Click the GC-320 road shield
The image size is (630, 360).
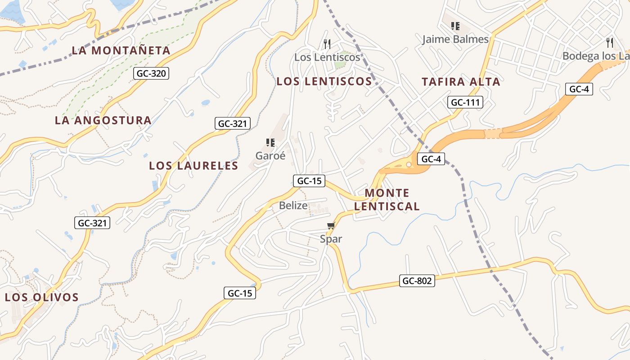pyautogui.click(x=151, y=73)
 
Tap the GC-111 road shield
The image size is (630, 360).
pyautogui.click(x=465, y=102)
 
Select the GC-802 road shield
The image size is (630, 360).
pyautogui.click(x=417, y=281)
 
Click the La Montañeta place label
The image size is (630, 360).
pyautogui.click(x=121, y=50)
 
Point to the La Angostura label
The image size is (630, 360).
pyautogui.click(x=103, y=120)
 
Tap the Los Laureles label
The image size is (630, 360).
pyautogui.click(x=193, y=166)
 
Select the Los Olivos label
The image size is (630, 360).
pyautogui.click(x=42, y=297)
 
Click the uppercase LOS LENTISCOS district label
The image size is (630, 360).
pyautogui.click(x=324, y=81)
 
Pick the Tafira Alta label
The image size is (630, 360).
pyautogui.click(x=461, y=81)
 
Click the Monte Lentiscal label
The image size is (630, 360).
pyautogui.click(x=387, y=200)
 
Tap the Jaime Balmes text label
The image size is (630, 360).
pyautogui.click(x=455, y=39)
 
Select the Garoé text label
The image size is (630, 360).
pyautogui.click(x=270, y=156)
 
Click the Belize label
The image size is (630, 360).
pyautogui.click(x=293, y=206)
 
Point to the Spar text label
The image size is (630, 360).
pyautogui.click(x=331, y=239)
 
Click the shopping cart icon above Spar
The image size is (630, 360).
pyautogui.click(x=331, y=225)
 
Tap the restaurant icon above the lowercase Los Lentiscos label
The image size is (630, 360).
pyautogui.click(x=327, y=44)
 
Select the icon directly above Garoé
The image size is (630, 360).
pyautogui.click(x=270, y=143)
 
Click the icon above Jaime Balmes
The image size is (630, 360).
pyautogui.click(x=455, y=26)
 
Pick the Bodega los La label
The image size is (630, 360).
pyautogui.click(x=596, y=56)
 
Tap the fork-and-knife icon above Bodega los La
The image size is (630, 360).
pyautogui.click(x=610, y=43)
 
